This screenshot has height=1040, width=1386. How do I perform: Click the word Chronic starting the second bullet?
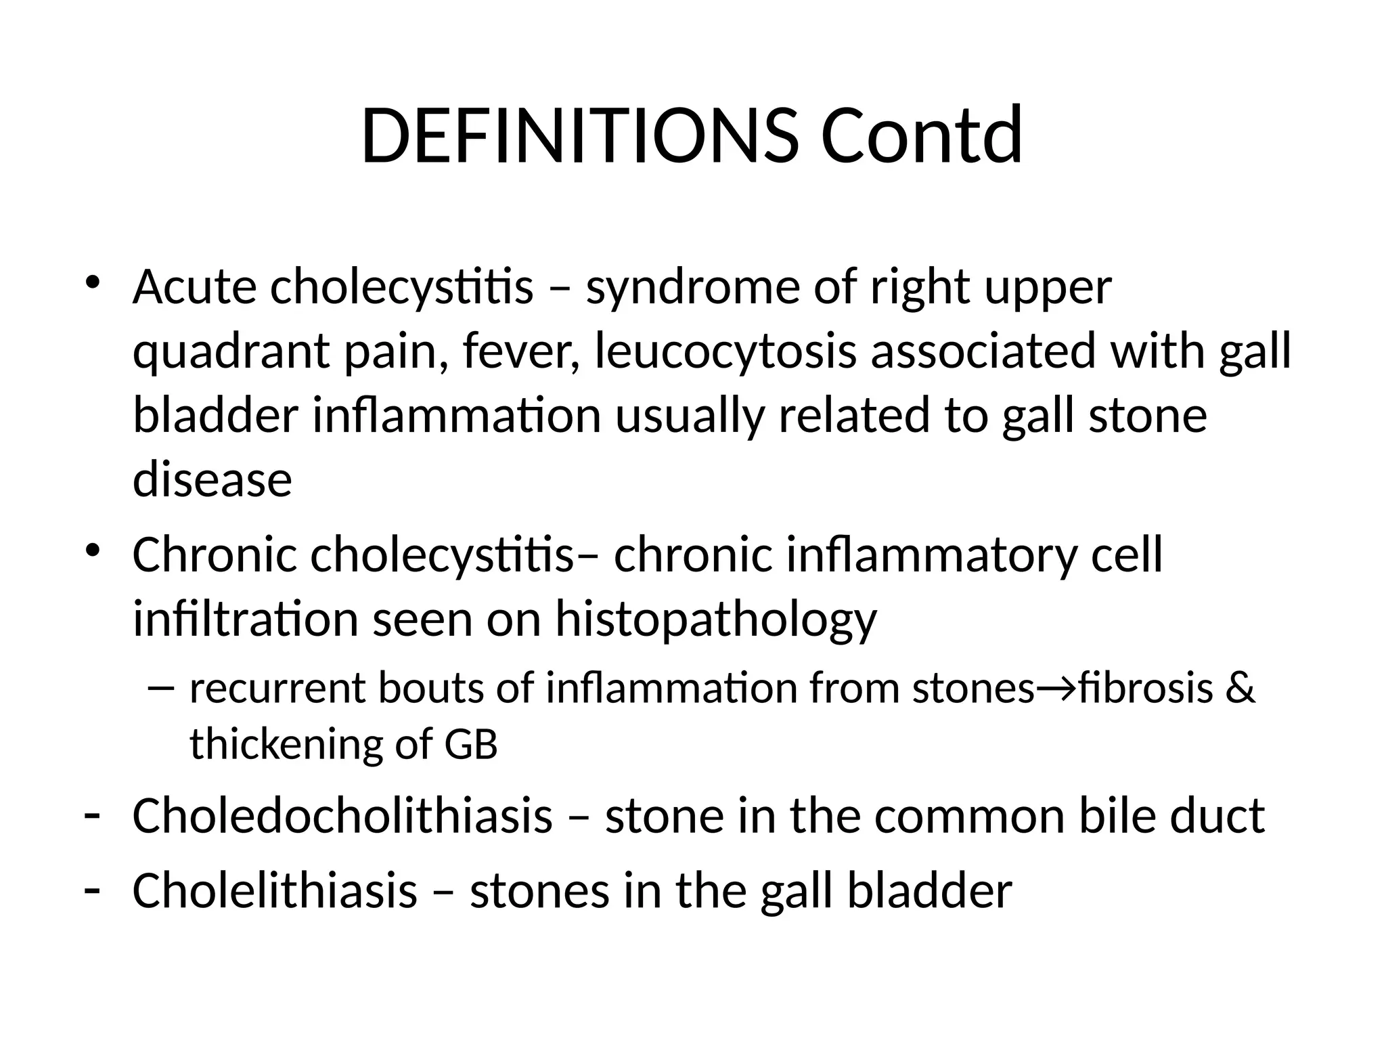215,555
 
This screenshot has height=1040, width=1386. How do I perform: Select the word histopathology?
715,621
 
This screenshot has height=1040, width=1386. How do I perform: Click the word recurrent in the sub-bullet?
277,688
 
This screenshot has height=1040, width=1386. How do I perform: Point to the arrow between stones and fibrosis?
1056,689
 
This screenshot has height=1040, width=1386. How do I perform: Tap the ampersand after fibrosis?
1240,688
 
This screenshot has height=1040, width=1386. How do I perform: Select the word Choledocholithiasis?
342,815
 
